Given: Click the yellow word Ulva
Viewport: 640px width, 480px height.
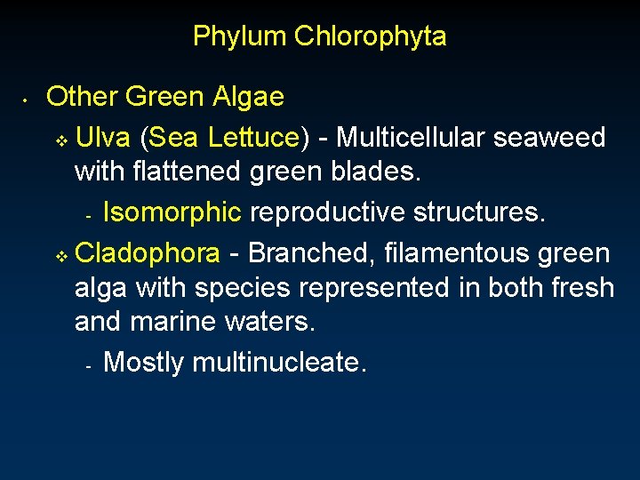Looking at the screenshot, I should coord(104,138).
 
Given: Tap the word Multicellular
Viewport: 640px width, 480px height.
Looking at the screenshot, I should coord(411,138).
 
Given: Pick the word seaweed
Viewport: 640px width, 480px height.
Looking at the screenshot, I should coord(549,138).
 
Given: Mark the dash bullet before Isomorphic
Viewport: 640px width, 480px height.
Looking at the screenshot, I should coord(88,216).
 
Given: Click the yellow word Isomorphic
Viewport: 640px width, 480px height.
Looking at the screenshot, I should coord(172,212).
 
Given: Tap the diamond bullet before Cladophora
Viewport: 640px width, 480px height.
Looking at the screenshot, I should coord(60,257).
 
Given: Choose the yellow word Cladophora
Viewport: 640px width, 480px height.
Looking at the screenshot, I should coord(148,254).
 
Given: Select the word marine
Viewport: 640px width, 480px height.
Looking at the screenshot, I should coord(173,321).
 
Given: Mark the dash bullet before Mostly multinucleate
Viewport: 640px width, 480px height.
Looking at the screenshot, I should coord(88,365).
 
